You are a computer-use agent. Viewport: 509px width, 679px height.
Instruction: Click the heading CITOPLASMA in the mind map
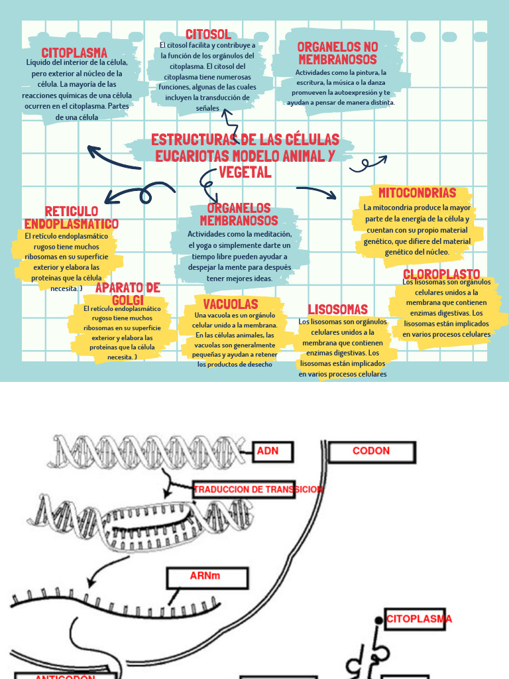click(x=74, y=52)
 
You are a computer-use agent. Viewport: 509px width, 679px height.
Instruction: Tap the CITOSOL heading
click(x=208, y=34)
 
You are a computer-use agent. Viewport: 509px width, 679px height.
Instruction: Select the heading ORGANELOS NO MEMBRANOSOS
click(x=337, y=53)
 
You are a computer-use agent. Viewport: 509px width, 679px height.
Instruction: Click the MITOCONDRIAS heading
click(x=417, y=193)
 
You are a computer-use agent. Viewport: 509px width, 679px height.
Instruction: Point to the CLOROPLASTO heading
click(x=441, y=274)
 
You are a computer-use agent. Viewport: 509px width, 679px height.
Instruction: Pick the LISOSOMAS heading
click(x=337, y=310)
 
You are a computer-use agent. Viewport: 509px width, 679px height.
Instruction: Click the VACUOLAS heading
click(x=231, y=304)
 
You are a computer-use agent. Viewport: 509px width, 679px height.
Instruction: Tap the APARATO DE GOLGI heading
click(x=128, y=293)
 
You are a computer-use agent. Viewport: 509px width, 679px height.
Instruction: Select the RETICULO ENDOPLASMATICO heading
click(x=72, y=217)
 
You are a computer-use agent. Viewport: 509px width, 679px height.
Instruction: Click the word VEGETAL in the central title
click(x=245, y=172)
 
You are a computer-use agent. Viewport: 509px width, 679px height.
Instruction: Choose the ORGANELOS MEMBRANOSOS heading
click(x=239, y=214)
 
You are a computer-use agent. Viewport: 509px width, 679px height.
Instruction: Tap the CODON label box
click(x=371, y=452)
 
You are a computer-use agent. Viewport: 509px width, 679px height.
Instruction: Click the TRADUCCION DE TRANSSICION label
click(x=258, y=489)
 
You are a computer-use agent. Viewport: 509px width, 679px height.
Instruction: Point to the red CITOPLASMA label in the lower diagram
click(x=419, y=619)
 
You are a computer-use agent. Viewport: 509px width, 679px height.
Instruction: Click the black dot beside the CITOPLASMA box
click(x=378, y=620)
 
